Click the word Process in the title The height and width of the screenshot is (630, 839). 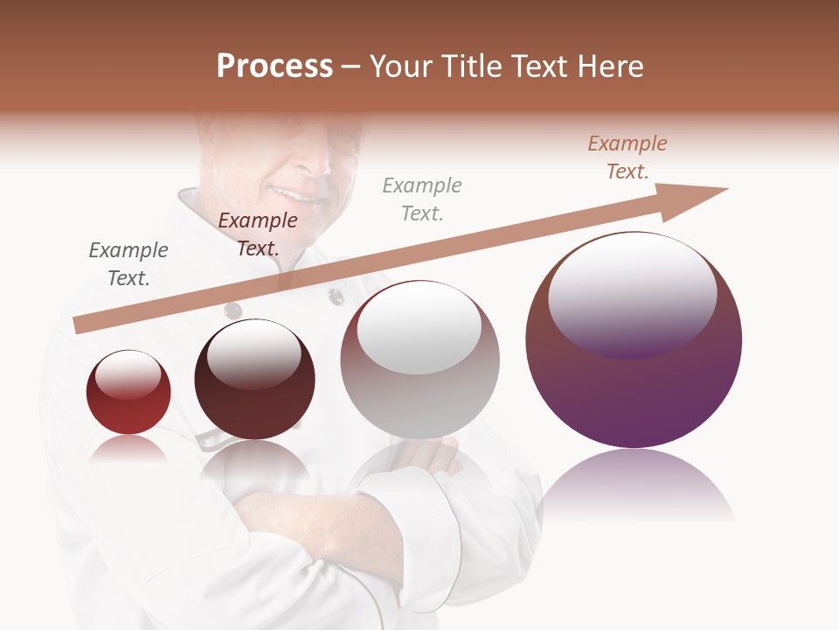click(x=274, y=66)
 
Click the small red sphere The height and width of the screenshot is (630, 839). click(x=128, y=393)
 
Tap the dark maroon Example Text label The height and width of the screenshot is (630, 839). click(x=258, y=234)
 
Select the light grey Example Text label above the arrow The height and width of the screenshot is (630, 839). click(x=422, y=199)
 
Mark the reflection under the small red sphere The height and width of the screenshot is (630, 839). click(x=128, y=450)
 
